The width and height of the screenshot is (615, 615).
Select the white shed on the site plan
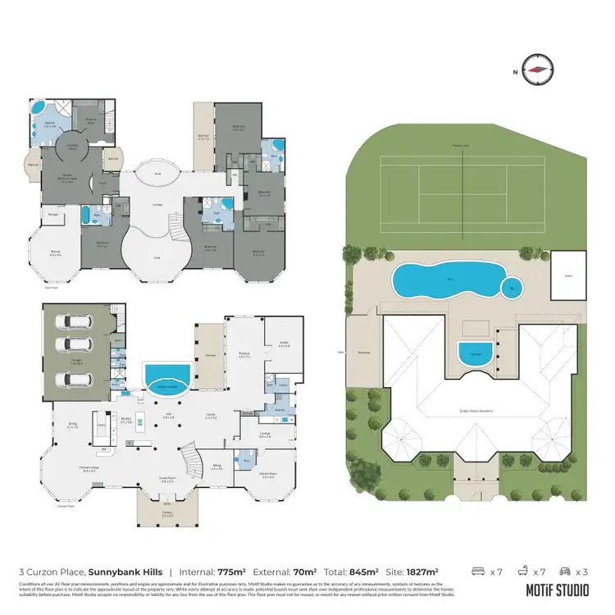(x=569, y=274)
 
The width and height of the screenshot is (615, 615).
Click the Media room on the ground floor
(x=283, y=344)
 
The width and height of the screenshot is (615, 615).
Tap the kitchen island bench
(x=140, y=424)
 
